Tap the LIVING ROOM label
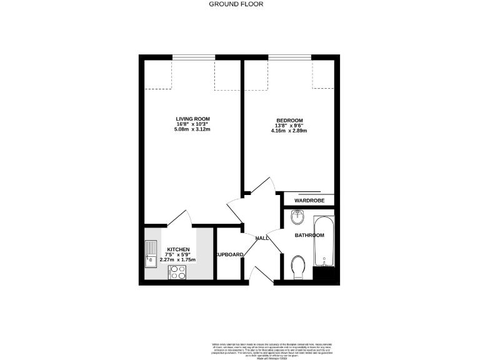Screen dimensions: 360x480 coord(192,119)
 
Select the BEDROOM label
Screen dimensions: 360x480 coord(289,121)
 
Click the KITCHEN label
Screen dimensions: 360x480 coord(178,249)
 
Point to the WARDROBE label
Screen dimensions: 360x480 coord(310,201)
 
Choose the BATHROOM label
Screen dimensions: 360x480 coord(310,235)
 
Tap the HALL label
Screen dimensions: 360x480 coord(262,238)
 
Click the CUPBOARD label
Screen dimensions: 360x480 coord(229,254)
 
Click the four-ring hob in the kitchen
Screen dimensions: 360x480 coord(177,272)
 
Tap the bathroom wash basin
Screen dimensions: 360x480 coord(297,217)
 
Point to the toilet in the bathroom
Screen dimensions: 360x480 coord(297,266)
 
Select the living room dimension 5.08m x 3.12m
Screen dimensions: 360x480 coord(192,130)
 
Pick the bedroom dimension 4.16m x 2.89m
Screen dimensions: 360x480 coord(289,131)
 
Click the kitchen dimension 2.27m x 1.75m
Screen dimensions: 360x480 coord(178,259)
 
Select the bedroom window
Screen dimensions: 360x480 coord(289,59)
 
